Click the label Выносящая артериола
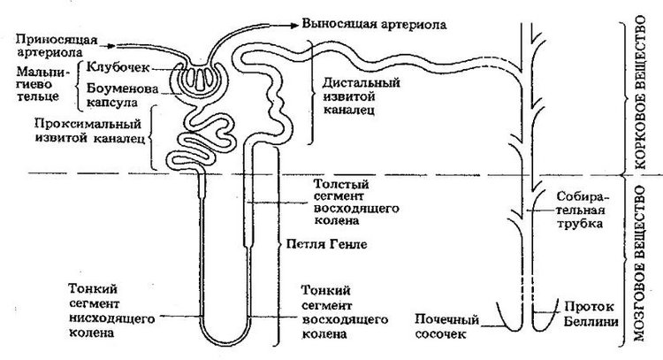click(x=374, y=24)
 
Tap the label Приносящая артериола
click(x=57, y=46)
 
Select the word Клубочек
click(x=111, y=67)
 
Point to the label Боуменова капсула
click(x=116, y=96)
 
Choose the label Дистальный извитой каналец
click(x=361, y=96)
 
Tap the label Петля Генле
click(x=327, y=244)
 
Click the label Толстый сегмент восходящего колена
click(x=355, y=203)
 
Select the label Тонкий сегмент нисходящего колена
click(x=111, y=310)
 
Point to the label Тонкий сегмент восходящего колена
click(x=344, y=312)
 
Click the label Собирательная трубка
click(x=583, y=211)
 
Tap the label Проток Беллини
click(x=591, y=314)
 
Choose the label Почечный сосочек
click(x=447, y=326)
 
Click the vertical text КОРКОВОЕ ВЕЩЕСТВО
click(x=640, y=92)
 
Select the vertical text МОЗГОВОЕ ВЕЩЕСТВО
click(x=640, y=263)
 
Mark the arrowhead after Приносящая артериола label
click(x=111, y=45)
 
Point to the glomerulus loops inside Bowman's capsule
click(x=200, y=79)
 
